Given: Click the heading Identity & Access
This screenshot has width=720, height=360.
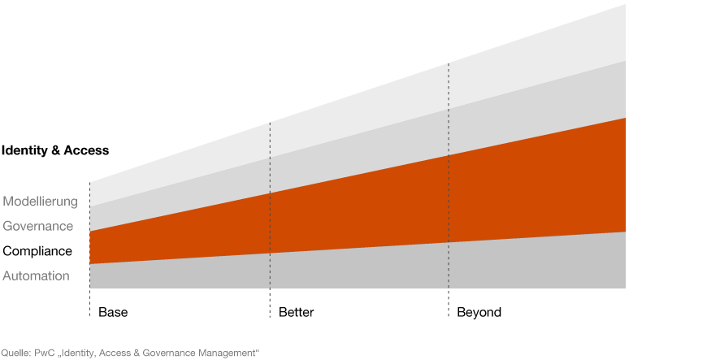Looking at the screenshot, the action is click(x=55, y=150).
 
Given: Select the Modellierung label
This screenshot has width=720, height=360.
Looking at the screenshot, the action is click(x=41, y=202).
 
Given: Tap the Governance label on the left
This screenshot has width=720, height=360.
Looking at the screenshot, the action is click(x=38, y=227).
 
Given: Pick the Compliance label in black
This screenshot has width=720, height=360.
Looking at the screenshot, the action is click(x=37, y=251).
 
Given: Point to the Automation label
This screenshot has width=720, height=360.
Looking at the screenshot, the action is click(x=37, y=276).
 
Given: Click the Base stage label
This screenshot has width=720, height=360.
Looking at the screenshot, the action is click(x=113, y=313).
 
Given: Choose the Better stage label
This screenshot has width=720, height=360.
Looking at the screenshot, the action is click(x=296, y=313).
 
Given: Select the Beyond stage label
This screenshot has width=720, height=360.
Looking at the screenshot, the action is click(x=479, y=313).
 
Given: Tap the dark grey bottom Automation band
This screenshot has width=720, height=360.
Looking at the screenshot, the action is click(x=358, y=269).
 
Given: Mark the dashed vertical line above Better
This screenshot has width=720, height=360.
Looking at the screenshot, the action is click(x=270, y=220).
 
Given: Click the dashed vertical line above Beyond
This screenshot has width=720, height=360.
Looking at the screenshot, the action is click(x=449, y=190).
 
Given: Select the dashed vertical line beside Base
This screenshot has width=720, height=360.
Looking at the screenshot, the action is click(x=90, y=249).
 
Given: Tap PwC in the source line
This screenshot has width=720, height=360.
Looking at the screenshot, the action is click(x=43, y=353).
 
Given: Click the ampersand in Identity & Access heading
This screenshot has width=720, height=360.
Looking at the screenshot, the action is click(x=56, y=150).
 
